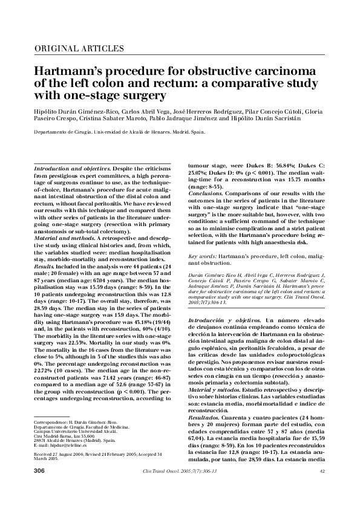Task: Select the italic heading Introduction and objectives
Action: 71,166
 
